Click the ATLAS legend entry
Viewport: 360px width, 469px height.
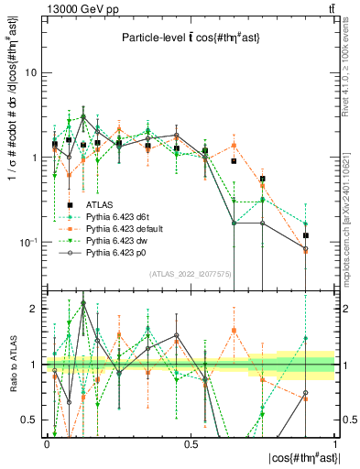tap(101, 204)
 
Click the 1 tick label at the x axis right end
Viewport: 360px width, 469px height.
tap(333, 443)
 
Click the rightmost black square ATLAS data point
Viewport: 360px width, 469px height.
tap(306, 235)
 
